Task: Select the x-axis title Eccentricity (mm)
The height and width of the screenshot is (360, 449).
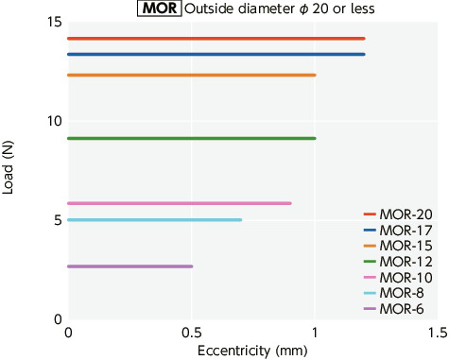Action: coord(250,351)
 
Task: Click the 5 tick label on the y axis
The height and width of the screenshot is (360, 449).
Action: coord(57,220)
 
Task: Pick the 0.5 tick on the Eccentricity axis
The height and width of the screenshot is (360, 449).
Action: coord(190,334)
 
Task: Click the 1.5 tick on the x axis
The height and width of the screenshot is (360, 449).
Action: coord(437,334)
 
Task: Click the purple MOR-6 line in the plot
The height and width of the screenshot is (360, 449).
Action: coord(130,266)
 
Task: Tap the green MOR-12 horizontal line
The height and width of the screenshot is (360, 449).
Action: coord(191,139)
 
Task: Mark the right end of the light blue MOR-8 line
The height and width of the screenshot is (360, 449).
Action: coord(240,220)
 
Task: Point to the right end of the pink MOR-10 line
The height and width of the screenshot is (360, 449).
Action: coord(289,203)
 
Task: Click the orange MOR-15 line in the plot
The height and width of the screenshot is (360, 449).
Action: coord(191,75)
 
